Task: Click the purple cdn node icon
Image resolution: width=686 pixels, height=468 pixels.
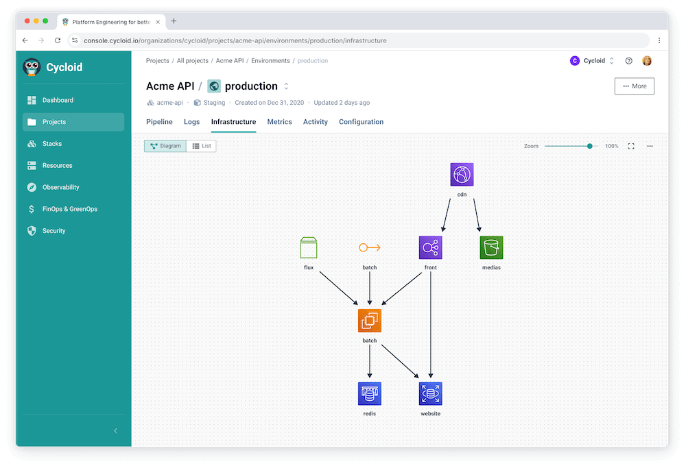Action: [x=462, y=174]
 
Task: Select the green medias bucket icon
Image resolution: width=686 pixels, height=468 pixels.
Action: [x=491, y=247]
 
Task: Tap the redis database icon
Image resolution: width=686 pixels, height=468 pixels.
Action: [x=369, y=393]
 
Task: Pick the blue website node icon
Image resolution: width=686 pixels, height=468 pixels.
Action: [x=431, y=393]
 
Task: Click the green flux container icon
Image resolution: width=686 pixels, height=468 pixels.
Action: [x=309, y=247]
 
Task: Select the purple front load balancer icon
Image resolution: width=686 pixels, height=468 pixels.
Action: [x=431, y=247]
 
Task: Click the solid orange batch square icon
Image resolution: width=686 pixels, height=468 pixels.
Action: [x=369, y=320]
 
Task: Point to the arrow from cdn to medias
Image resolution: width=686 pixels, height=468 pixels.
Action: [x=477, y=215]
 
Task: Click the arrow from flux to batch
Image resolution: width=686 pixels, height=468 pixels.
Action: [x=339, y=288]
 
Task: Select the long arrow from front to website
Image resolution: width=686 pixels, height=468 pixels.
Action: [x=431, y=325]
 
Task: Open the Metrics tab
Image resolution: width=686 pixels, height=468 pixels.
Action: [x=280, y=122]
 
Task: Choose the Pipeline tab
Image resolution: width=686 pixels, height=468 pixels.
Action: [x=159, y=122]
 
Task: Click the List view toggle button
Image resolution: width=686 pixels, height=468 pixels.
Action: [x=201, y=146]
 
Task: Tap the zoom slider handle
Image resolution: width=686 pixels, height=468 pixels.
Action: [x=590, y=146]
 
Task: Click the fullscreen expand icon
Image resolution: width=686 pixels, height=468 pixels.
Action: [x=631, y=146]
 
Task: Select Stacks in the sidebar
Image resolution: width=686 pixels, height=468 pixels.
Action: [x=51, y=144]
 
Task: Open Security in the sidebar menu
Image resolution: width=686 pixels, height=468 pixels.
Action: [x=54, y=231]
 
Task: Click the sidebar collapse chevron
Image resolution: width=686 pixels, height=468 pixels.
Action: [x=115, y=431]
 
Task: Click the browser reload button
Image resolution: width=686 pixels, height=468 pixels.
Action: [x=58, y=40]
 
